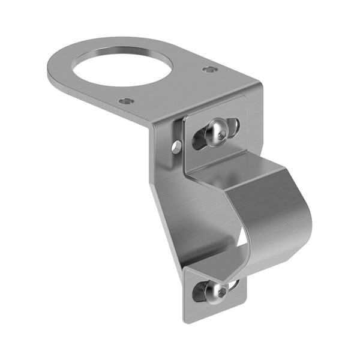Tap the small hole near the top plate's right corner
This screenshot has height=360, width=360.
coord(209,70)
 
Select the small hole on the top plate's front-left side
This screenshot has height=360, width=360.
coord(125,101)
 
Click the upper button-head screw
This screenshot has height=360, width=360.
coord(217,133)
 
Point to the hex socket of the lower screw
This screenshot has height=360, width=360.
coord(221,293)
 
